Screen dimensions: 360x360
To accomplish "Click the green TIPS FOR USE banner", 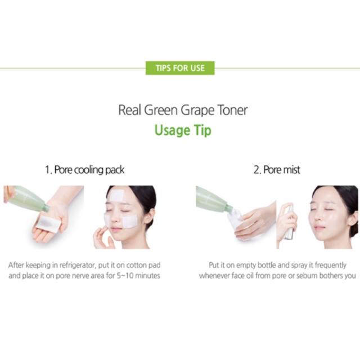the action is [x=180, y=68].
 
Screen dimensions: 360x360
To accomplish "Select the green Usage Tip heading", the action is [x=183, y=130].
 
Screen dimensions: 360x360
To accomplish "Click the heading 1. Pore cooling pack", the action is [x=84, y=170].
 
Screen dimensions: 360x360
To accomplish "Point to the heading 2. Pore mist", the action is [x=277, y=170].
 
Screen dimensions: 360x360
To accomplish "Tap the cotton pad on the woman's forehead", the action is [x=116, y=195].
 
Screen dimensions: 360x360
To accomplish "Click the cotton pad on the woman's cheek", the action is [x=130, y=222].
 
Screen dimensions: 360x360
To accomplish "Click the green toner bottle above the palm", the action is [x=28, y=199].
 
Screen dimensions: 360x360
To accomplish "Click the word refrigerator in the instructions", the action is [x=77, y=265].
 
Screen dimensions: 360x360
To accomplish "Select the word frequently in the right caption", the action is [x=330, y=265].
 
